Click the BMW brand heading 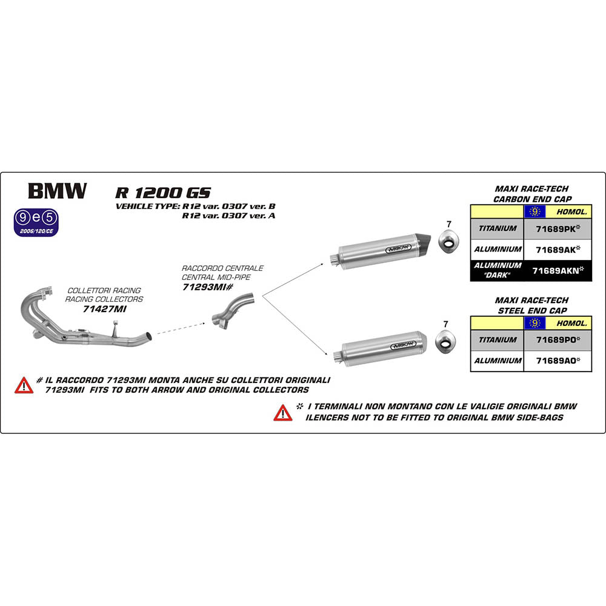(57, 191)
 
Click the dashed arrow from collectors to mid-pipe (182, 328)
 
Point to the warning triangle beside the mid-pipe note (24, 385)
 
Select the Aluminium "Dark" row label (497, 270)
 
